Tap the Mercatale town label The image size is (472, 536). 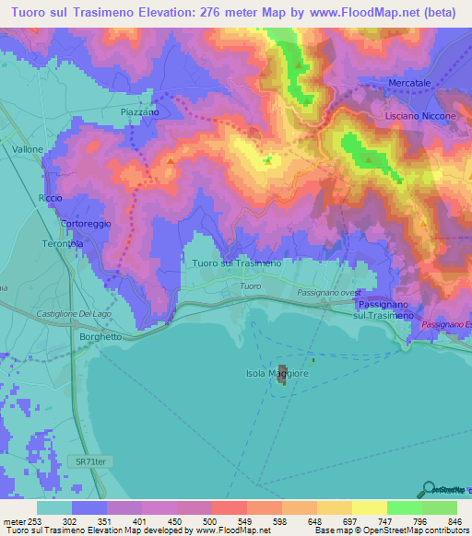[411, 81]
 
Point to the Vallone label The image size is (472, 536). [29, 147]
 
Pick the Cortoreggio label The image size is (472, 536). [60, 224]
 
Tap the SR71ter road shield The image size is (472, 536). [83, 458]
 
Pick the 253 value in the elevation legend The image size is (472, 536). [33, 521]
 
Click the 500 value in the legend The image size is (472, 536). [208, 521]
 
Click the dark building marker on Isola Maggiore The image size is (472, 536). [283, 379]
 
